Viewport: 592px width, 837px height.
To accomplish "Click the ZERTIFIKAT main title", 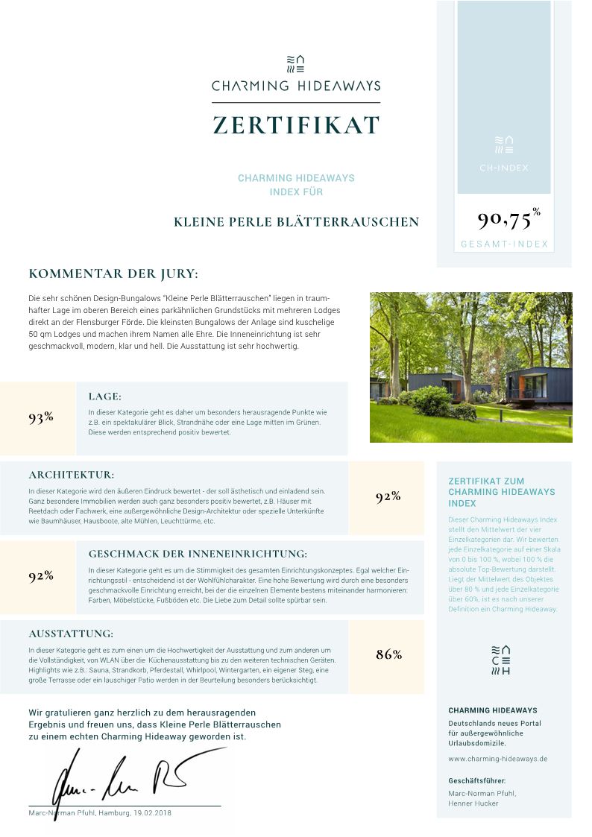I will pos(296,124).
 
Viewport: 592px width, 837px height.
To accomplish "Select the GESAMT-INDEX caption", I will pos(504,244).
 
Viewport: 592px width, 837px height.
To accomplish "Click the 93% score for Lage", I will pos(41,417).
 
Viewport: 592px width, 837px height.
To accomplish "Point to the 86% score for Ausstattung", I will pos(388,654).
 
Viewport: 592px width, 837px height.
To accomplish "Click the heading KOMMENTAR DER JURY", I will pos(113,274).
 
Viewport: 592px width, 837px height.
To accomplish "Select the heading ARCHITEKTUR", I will pos(72,475).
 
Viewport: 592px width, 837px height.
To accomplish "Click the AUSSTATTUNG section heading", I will pos(71,634).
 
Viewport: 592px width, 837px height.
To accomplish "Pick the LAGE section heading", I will pos(104,397).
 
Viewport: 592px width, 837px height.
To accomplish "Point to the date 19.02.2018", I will pos(153,812).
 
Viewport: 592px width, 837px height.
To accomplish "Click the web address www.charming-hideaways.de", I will pos(498,759).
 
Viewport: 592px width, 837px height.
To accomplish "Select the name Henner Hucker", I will pos(473,803).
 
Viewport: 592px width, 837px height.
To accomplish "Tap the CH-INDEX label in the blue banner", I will pos(504,168).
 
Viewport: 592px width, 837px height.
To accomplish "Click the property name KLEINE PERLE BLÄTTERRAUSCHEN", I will pos(296,222).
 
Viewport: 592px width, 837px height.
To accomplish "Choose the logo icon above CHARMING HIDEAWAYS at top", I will pos(296,64).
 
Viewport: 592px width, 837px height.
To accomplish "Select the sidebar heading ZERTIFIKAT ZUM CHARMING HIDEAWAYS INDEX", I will pos(501,492).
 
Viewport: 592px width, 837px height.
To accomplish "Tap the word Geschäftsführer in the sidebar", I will pos(477,780).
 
